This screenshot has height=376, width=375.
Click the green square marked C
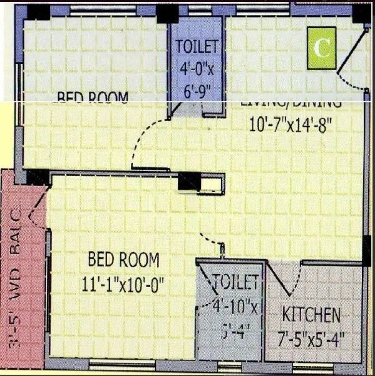pyautogui.click(x=322, y=48)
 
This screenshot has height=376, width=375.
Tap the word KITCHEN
pyautogui.click(x=311, y=315)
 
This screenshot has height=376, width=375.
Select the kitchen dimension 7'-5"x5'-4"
pyautogui.click(x=311, y=340)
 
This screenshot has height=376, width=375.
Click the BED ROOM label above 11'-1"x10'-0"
pyautogui.click(x=123, y=259)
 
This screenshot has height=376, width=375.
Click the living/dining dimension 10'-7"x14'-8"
pyautogui.click(x=290, y=124)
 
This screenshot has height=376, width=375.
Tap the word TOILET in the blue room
pyautogui.click(x=197, y=46)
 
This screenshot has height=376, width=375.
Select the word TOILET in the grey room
pyautogui.click(x=235, y=281)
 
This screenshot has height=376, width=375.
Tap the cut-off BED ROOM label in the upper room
pyautogui.click(x=93, y=97)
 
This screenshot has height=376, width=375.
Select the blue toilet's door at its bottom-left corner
pyautogui.click(x=182, y=110)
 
